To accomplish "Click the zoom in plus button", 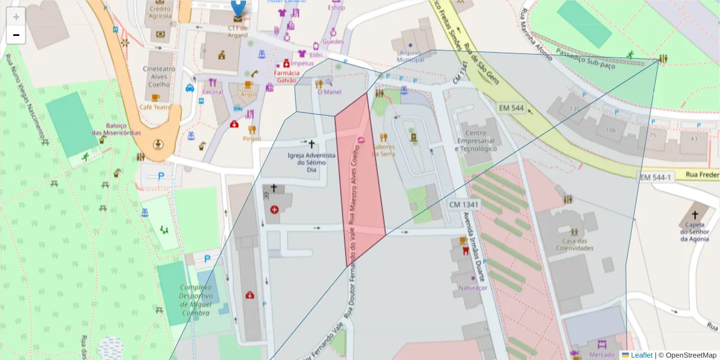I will tap(16, 17).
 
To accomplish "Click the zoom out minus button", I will tap(16, 35).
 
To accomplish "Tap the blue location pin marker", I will tap(238, 7).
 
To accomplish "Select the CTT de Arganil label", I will tap(238, 31).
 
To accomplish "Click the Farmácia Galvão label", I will tap(286, 77).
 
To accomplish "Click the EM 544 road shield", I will tap(511, 108).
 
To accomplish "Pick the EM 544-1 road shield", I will tap(655, 178).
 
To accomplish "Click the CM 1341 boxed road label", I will tap(464, 205).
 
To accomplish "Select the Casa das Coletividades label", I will tap(574, 244).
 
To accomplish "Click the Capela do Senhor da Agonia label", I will tap(695, 232).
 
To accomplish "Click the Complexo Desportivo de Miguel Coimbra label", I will tap(187, 300).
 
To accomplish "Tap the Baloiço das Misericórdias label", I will tap(116, 129).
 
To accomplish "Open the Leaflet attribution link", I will tap(641, 355).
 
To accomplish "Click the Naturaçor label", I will tap(472, 288).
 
